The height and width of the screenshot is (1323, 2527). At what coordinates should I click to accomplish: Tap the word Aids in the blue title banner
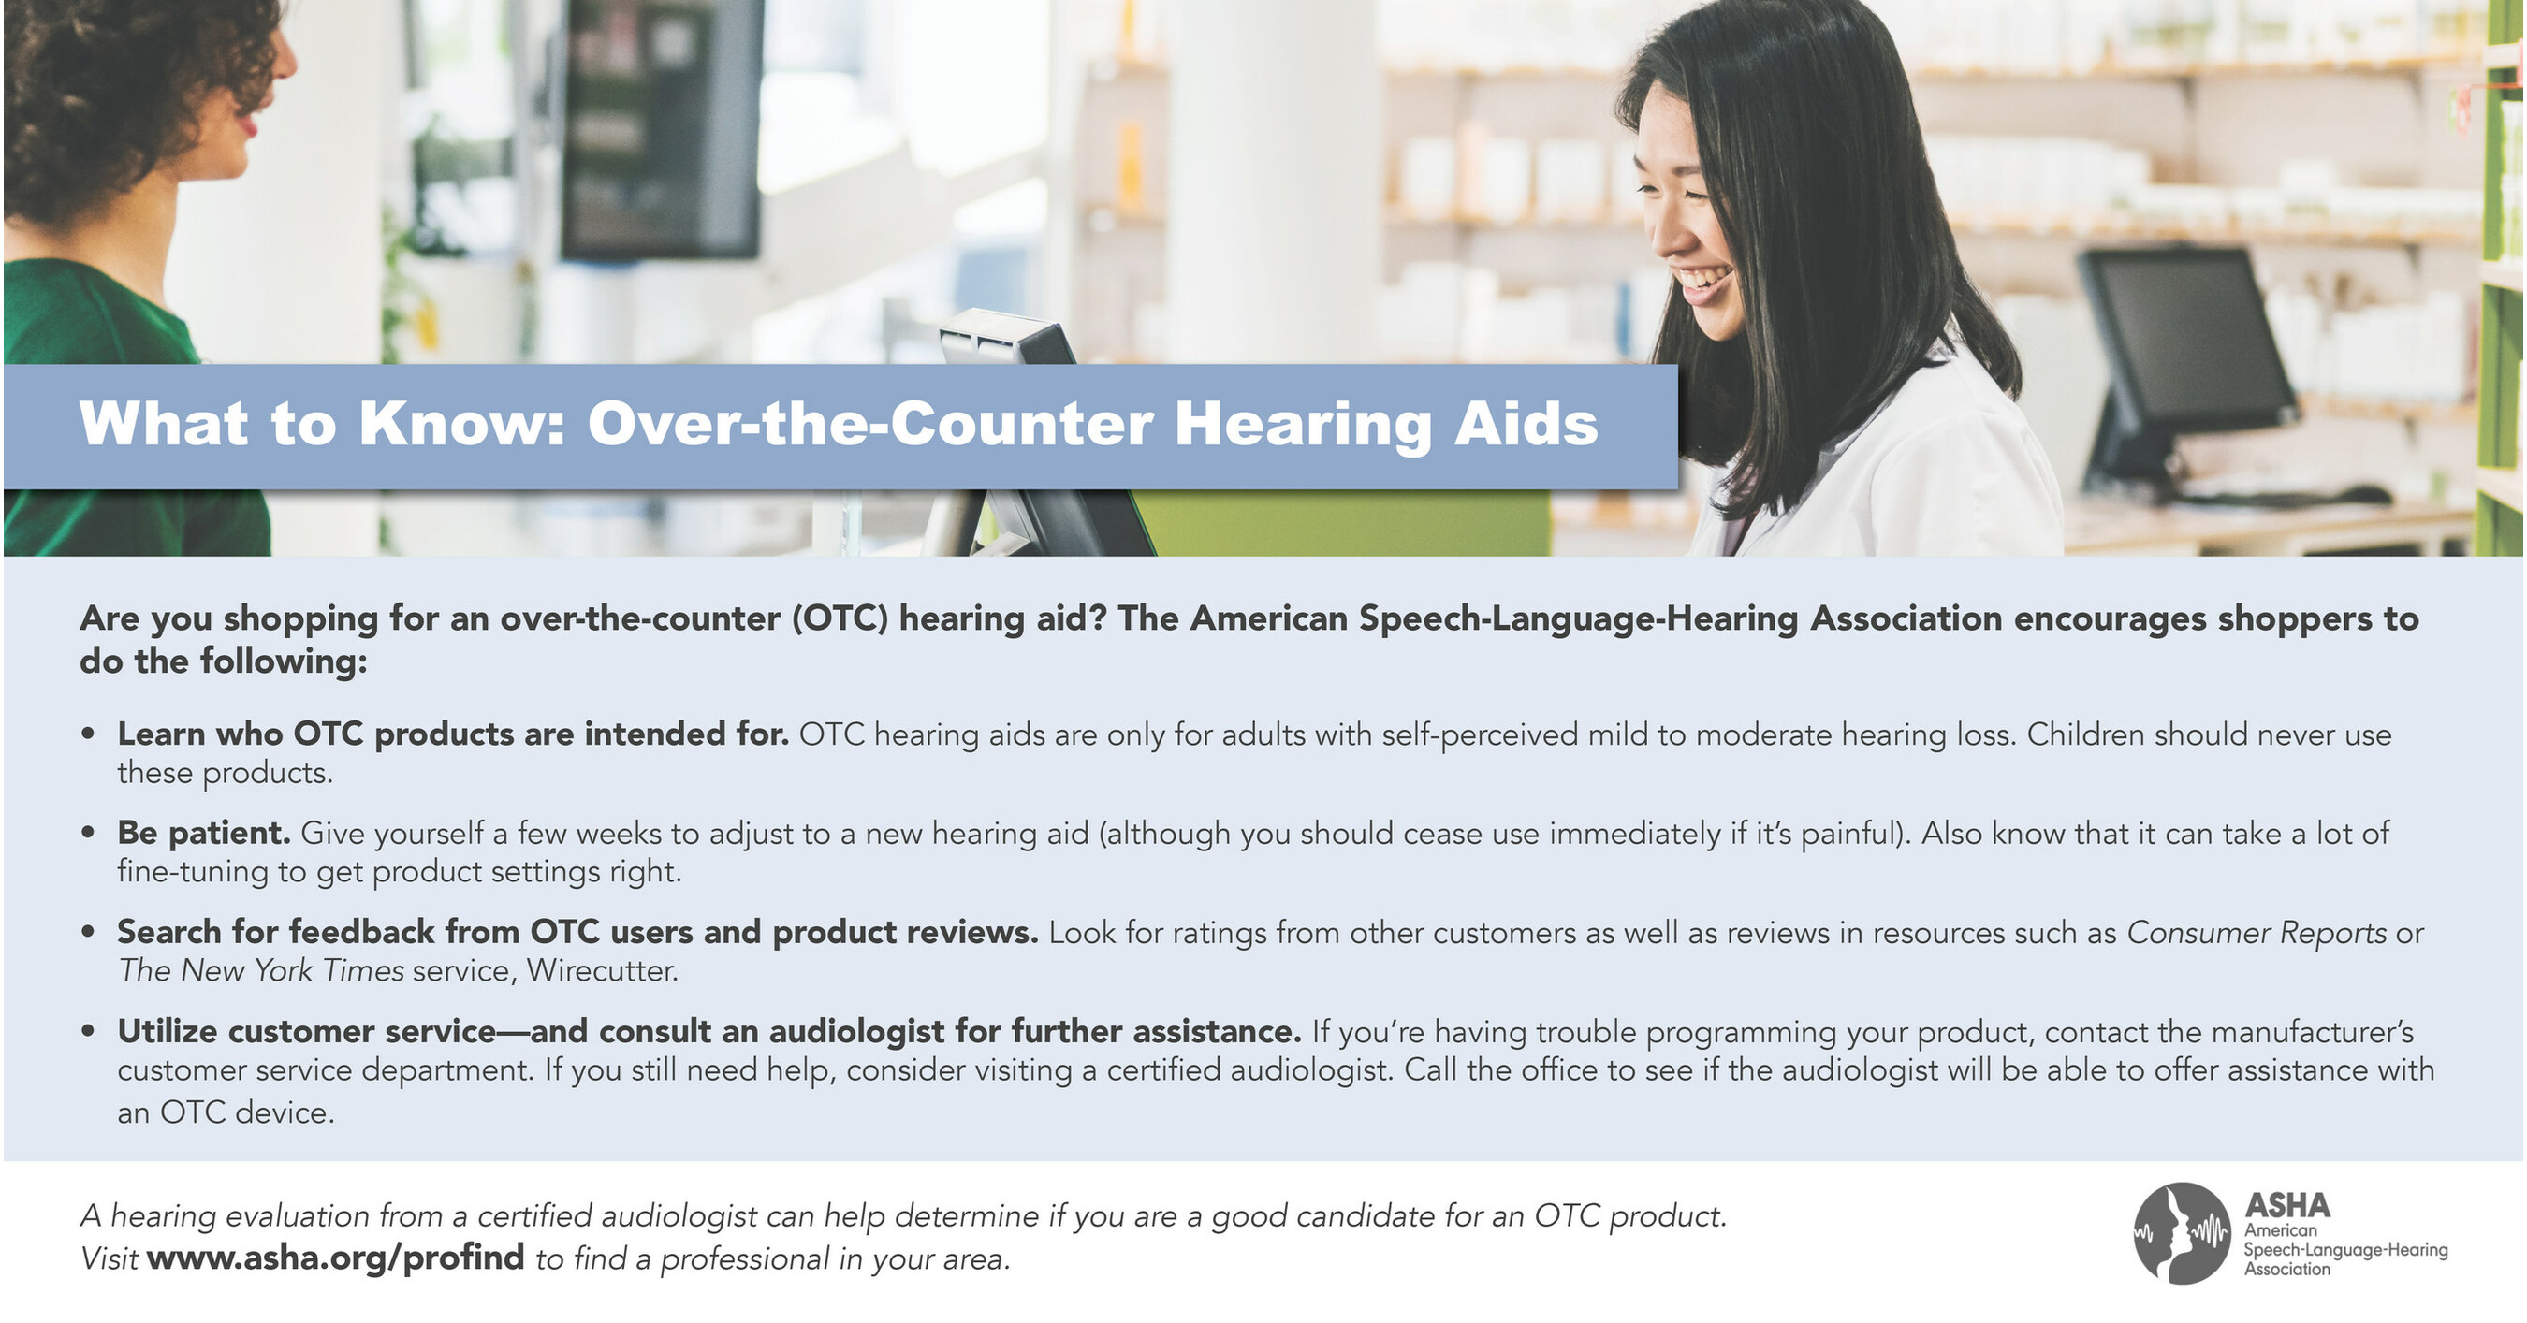click(x=1526, y=424)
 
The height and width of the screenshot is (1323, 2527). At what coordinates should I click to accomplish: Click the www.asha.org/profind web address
click(x=335, y=1258)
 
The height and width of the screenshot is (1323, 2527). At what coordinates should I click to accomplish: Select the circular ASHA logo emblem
click(x=2184, y=1233)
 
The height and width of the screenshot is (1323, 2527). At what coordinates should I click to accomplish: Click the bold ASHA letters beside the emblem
click(x=2286, y=1205)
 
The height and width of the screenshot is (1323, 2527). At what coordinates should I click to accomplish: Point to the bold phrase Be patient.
click(x=204, y=833)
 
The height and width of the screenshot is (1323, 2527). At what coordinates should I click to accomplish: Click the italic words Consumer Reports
click(x=2257, y=932)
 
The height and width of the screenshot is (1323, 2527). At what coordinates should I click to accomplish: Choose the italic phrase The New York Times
click(x=261, y=970)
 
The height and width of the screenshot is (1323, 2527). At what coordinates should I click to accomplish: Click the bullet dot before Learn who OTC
click(x=88, y=734)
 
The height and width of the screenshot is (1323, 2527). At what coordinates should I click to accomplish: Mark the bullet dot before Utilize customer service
click(x=88, y=1031)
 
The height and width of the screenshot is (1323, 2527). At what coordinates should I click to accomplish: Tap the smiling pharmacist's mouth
click(x=1705, y=284)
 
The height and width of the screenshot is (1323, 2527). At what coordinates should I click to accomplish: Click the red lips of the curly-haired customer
click(x=247, y=124)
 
